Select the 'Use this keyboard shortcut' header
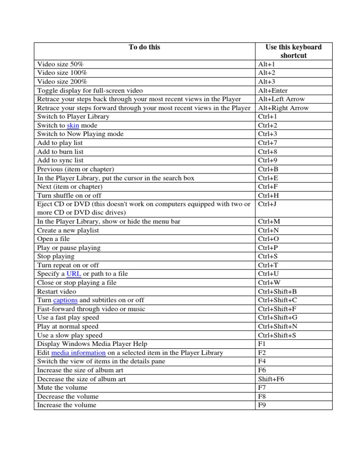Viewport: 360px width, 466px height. (293, 51)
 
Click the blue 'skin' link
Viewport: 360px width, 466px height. (73, 126)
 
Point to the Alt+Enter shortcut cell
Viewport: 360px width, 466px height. (273, 90)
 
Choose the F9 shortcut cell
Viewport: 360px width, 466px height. (262, 405)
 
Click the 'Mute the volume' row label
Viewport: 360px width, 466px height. (62, 388)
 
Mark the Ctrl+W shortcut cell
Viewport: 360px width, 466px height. (268, 283)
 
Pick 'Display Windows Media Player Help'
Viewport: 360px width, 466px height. (91, 344)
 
